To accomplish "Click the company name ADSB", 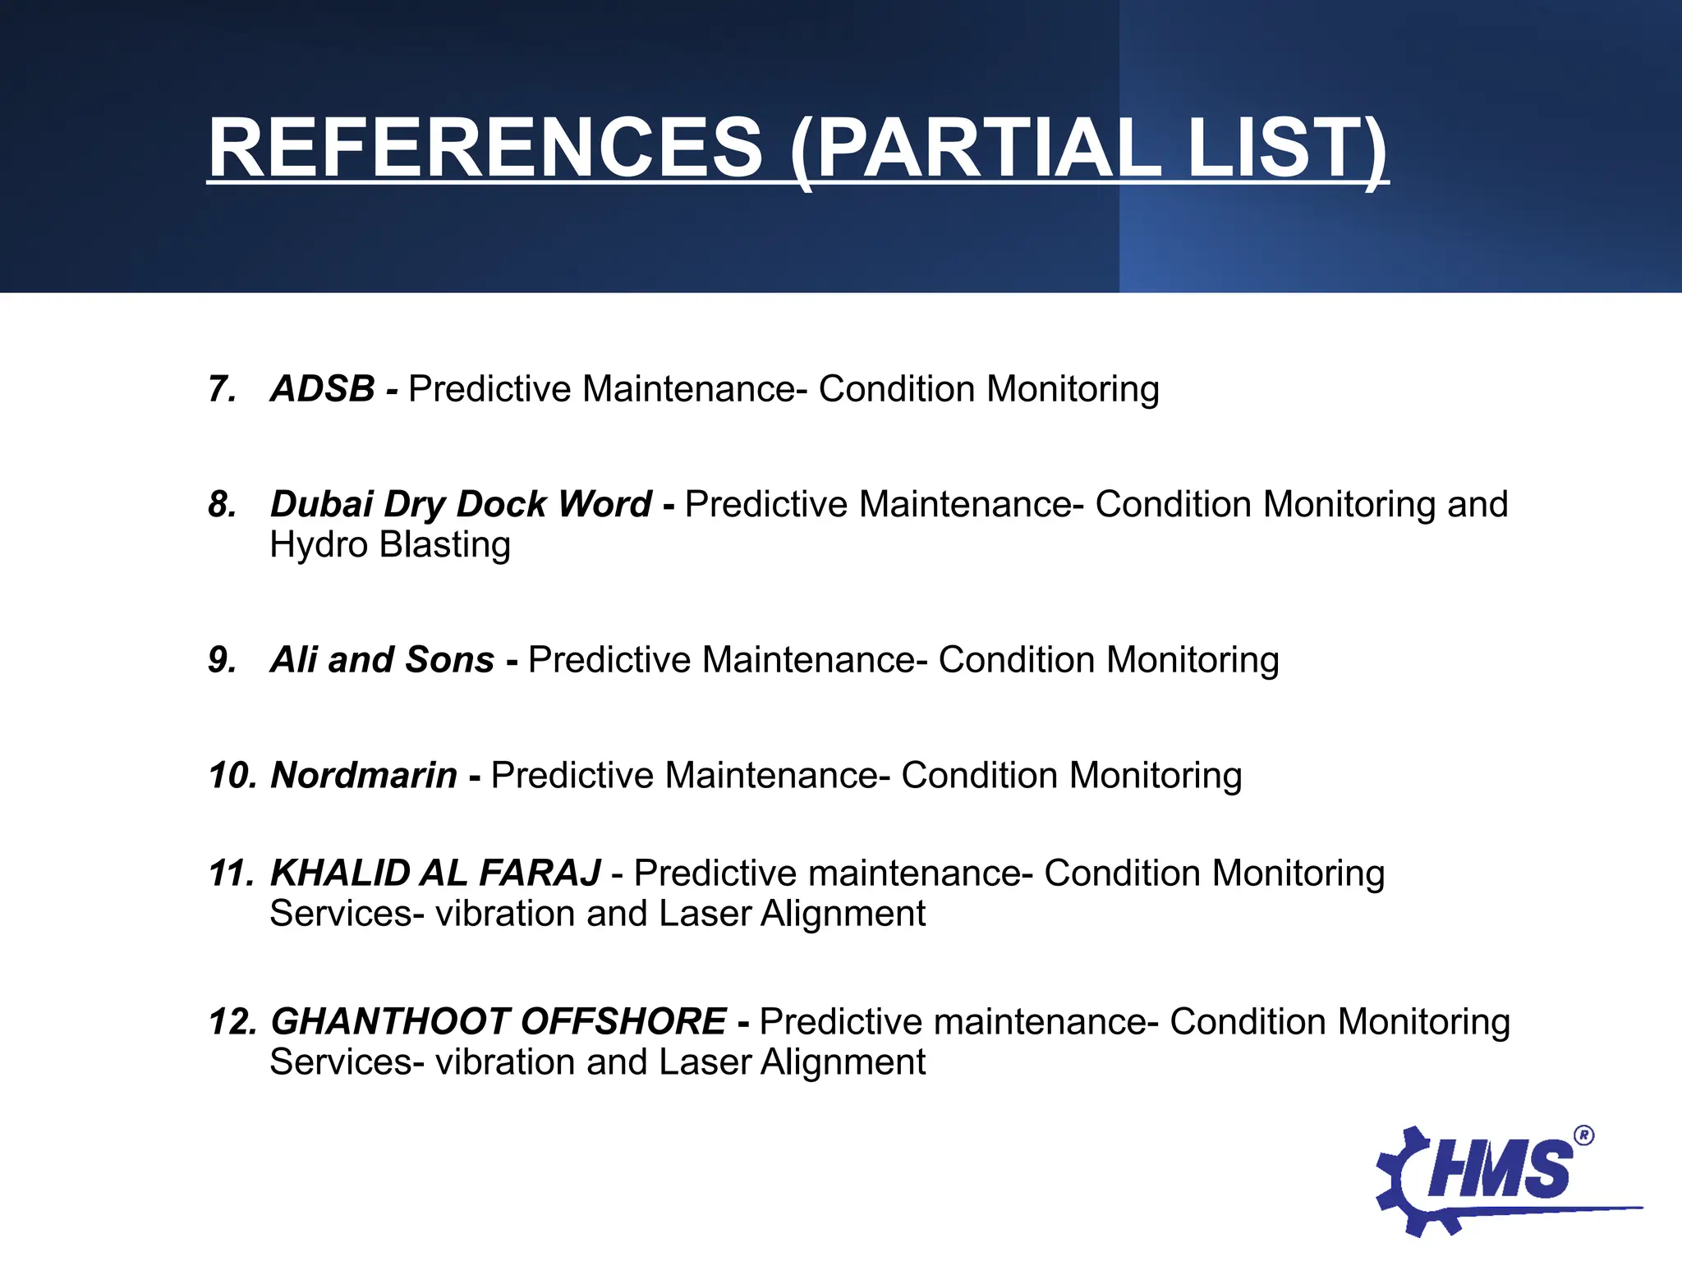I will pyautogui.click(x=323, y=389).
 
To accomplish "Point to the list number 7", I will pyautogui.click(x=222, y=389).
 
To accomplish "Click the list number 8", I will pyautogui.click(x=222, y=504).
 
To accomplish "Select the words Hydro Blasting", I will pyautogui.click(x=390, y=545).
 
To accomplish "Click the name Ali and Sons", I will pyautogui.click(x=382, y=660).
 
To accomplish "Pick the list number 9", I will pyautogui.click(x=222, y=660).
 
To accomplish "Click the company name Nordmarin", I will pyautogui.click(x=364, y=775).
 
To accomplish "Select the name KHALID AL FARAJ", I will pyautogui.click(x=435, y=874).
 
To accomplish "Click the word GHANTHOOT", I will pyautogui.click(x=390, y=1022).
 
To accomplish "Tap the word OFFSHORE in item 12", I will pyautogui.click(x=623, y=1022).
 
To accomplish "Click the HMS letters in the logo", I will pyautogui.click(x=1500, y=1170).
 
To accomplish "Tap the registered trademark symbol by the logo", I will pyautogui.click(x=1584, y=1136).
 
